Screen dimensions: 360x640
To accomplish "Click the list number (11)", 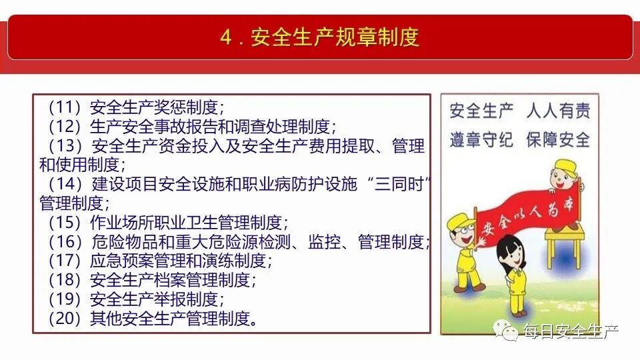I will [x=64, y=107].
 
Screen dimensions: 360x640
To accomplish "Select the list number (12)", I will [x=64, y=126].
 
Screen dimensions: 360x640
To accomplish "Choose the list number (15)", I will [x=64, y=222].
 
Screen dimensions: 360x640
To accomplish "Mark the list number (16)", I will [x=64, y=241].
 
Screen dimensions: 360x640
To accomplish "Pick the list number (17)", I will [x=64, y=261].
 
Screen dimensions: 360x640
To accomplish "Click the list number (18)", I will [x=64, y=280].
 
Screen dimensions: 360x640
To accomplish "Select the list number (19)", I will [x=64, y=299].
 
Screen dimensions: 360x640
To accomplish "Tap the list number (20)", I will [x=64, y=319].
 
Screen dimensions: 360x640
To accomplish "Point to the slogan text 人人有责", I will [x=558, y=111].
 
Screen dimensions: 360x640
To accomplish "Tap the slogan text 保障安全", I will [x=558, y=139].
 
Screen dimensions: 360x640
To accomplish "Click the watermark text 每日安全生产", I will [x=571, y=331].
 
